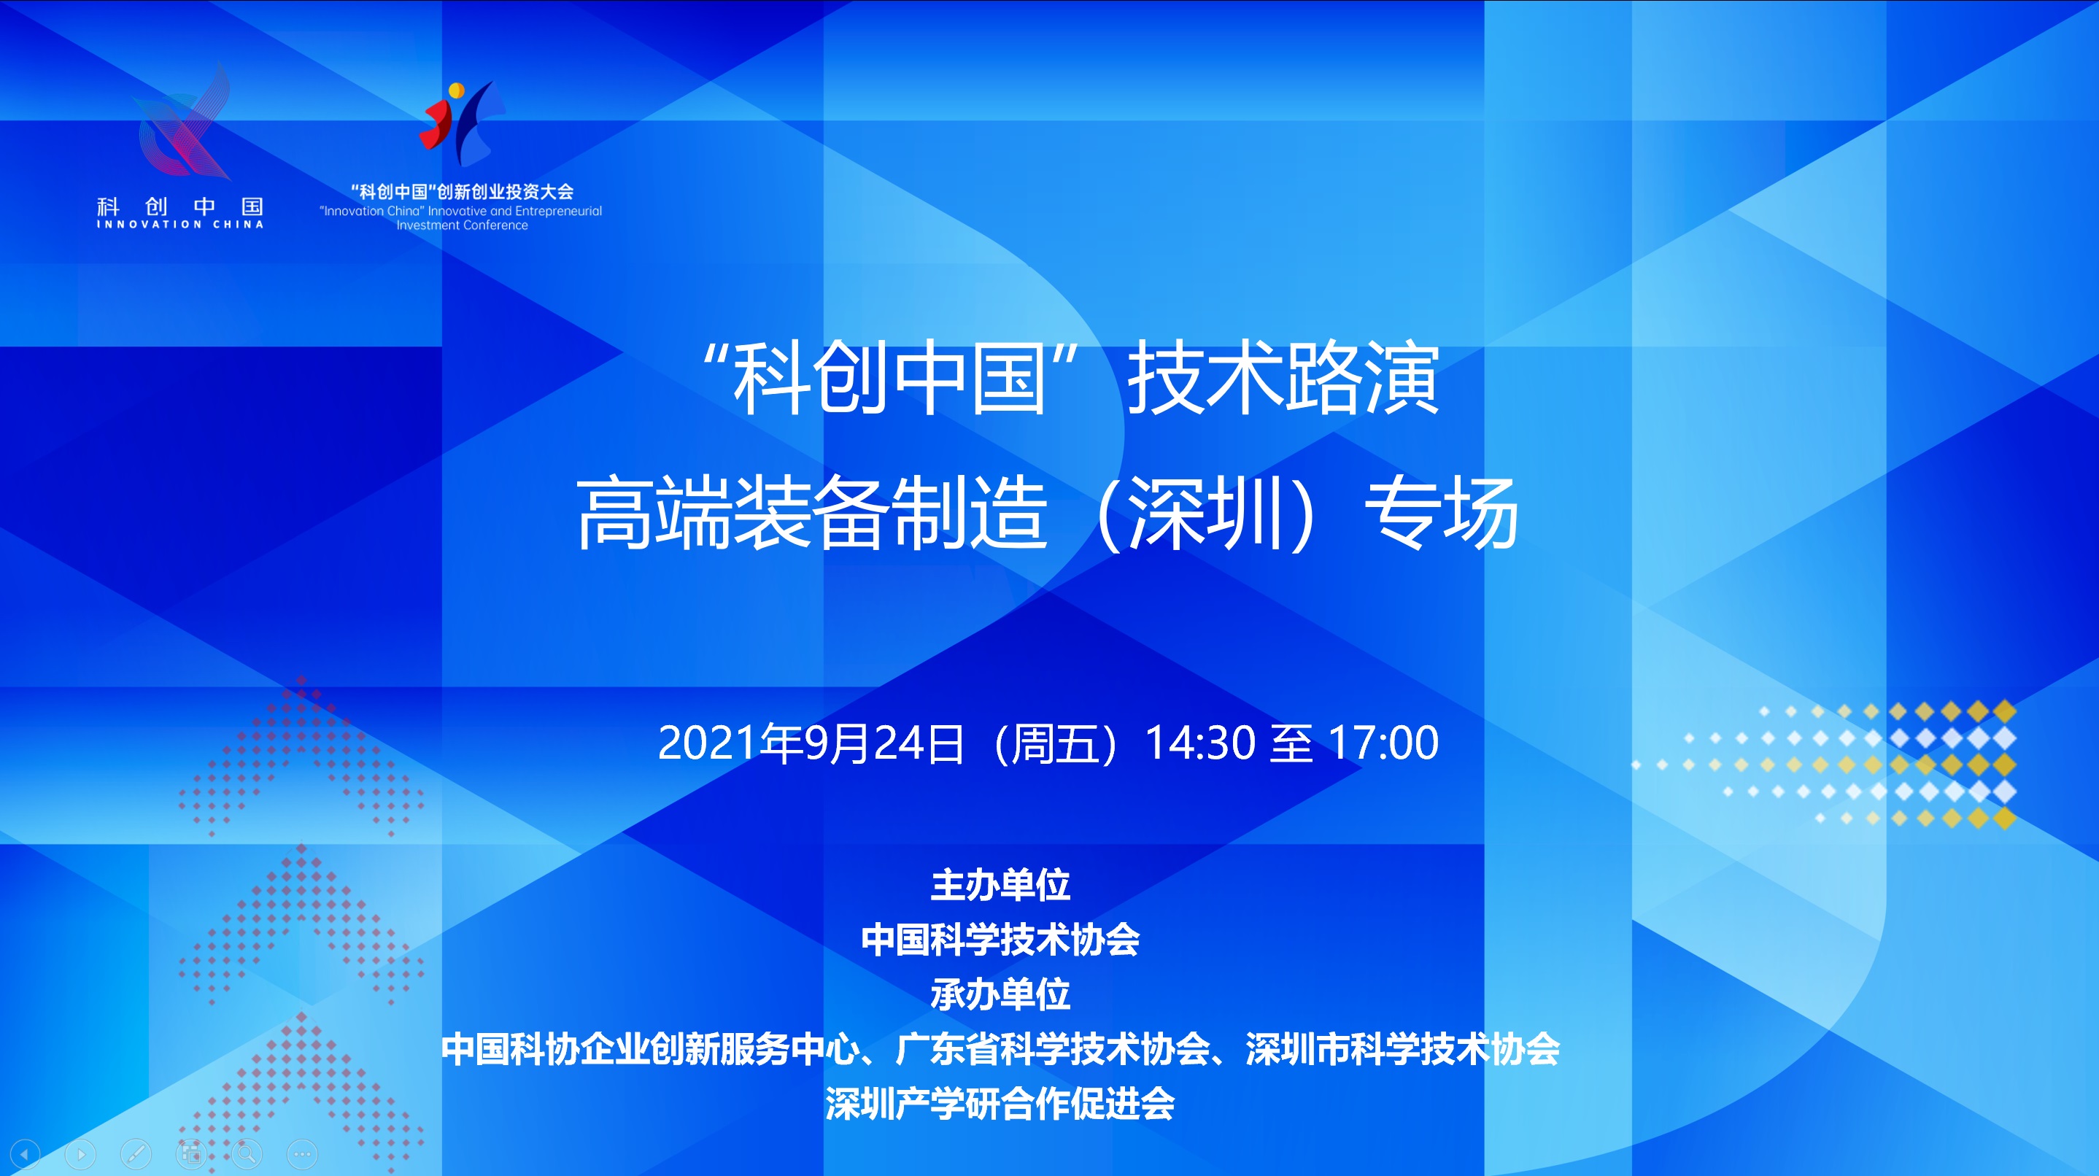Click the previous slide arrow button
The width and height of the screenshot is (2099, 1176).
[x=25, y=1154]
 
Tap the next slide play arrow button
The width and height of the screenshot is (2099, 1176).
[x=81, y=1154]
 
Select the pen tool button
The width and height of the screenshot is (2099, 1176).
[x=136, y=1154]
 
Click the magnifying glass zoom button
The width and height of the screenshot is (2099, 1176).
[x=247, y=1154]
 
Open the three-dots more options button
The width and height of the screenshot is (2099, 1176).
[x=302, y=1154]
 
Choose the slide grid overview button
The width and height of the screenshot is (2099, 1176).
[x=191, y=1154]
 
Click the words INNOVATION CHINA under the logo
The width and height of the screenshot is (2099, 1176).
[x=180, y=224]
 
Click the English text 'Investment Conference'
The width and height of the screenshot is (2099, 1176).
[x=462, y=225]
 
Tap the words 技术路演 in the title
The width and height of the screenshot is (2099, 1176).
[x=1283, y=378]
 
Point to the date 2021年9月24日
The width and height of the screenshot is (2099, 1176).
[x=811, y=743]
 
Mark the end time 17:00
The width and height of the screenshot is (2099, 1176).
[x=1383, y=743]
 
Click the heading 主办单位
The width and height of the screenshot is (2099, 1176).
[x=1000, y=885]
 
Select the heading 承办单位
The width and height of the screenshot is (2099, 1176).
[x=1000, y=994]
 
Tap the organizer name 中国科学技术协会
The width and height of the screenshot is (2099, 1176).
[x=1000, y=940]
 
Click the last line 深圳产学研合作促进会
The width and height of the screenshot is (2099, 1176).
[x=1000, y=1105]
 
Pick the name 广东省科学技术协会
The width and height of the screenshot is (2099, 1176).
[x=1053, y=1049]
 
